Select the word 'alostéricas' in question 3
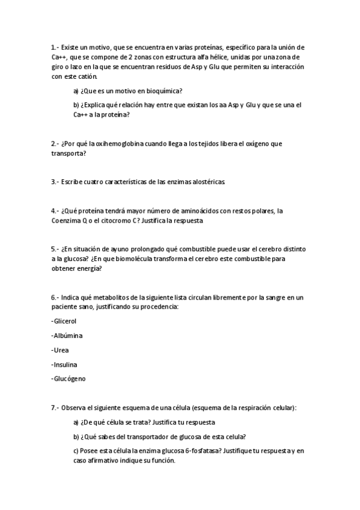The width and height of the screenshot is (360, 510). pos(204,181)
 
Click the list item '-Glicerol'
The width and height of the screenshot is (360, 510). pos(65,321)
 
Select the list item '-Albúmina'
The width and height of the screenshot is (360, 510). pos(67,335)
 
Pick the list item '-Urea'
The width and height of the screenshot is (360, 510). pos(60,349)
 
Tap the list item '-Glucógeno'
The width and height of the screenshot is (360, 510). pos(69,379)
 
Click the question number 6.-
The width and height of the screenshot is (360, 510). pos(55,297)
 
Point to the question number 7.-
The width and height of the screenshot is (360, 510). pos(55,407)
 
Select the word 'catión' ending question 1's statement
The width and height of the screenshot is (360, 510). pos(84,76)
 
